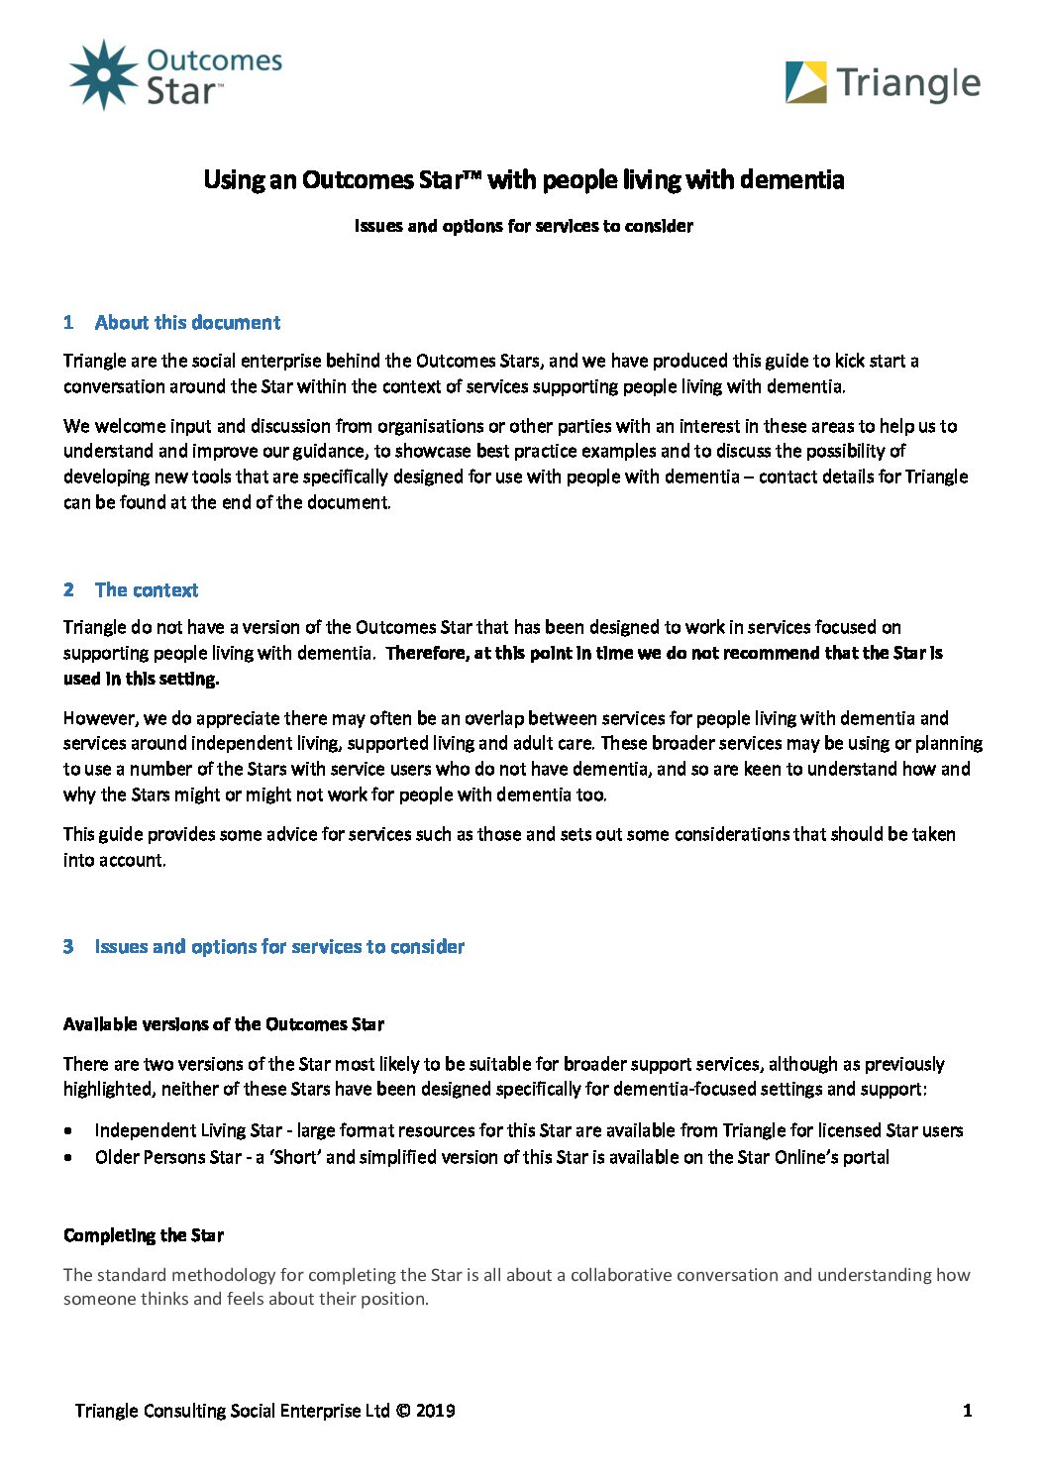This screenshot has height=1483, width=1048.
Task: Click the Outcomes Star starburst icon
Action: pyautogui.click(x=103, y=75)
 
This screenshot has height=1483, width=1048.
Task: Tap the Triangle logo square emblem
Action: pyautogui.click(x=805, y=82)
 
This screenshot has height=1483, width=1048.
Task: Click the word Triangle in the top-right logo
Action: pyautogui.click(x=907, y=84)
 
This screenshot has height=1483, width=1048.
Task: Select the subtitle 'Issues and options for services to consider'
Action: pyautogui.click(x=524, y=226)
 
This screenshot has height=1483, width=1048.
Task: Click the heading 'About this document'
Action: pyautogui.click(x=187, y=323)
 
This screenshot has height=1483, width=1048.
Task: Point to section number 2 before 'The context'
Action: pyautogui.click(x=68, y=590)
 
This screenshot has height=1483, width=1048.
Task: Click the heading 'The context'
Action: pyautogui.click(x=147, y=590)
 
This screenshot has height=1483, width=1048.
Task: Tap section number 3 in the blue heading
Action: pyautogui.click(x=68, y=947)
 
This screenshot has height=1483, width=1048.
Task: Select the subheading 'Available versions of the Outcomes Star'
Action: pyautogui.click(x=224, y=1024)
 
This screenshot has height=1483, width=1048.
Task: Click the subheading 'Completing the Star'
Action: pyautogui.click(x=144, y=1235)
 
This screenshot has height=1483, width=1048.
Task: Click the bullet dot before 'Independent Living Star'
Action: pyautogui.click(x=67, y=1130)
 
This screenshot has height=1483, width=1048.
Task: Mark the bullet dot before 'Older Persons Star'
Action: pyautogui.click(x=67, y=1157)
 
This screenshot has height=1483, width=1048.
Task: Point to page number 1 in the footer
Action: pyautogui.click(x=967, y=1411)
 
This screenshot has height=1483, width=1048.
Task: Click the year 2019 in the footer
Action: pyautogui.click(x=436, y=1411)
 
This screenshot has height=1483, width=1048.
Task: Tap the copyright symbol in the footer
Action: pyautogui.click(x=402, y=1411)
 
